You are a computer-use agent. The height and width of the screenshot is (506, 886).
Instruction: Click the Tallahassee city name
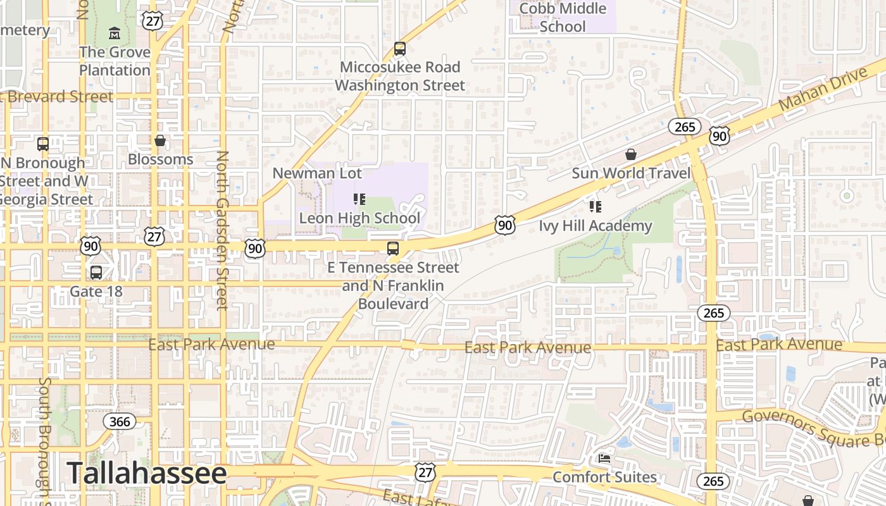(146, 474)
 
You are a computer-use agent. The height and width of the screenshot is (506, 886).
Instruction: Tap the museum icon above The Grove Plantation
(115, 32)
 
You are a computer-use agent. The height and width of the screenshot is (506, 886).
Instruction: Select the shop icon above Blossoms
(160, 140)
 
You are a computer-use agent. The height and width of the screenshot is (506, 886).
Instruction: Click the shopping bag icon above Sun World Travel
(630, 154)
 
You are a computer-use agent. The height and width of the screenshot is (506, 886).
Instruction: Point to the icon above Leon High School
(359, 199)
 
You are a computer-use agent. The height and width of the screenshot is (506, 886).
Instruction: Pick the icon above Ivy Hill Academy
(595, 206)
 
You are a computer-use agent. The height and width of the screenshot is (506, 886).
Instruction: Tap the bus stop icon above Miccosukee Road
(399, 48)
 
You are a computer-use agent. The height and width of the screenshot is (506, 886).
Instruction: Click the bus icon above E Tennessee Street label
(393, 249)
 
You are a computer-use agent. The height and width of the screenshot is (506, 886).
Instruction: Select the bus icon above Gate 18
(96, 273)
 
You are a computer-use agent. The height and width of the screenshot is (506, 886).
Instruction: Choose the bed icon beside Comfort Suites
(604, 459)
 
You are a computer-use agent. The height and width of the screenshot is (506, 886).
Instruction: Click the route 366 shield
(119, 421)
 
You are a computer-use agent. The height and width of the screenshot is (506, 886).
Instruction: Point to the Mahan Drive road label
(823, 89)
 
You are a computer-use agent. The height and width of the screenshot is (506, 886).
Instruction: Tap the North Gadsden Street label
(221, 230)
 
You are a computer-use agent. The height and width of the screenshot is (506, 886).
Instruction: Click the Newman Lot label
(317, 173)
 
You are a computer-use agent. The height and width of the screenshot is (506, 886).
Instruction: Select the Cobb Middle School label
(563, 18)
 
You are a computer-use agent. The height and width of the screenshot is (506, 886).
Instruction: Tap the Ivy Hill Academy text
(595, 226)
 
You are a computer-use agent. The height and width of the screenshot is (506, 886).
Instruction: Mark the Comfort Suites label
(604, 476)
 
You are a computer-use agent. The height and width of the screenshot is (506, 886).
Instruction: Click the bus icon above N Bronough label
(42, 144)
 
